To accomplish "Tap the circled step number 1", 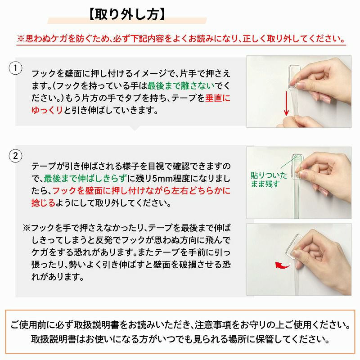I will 16,68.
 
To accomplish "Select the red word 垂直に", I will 218,98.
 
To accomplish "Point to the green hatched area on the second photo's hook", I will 297,158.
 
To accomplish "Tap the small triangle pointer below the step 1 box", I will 134,128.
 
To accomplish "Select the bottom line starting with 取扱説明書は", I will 180,338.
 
